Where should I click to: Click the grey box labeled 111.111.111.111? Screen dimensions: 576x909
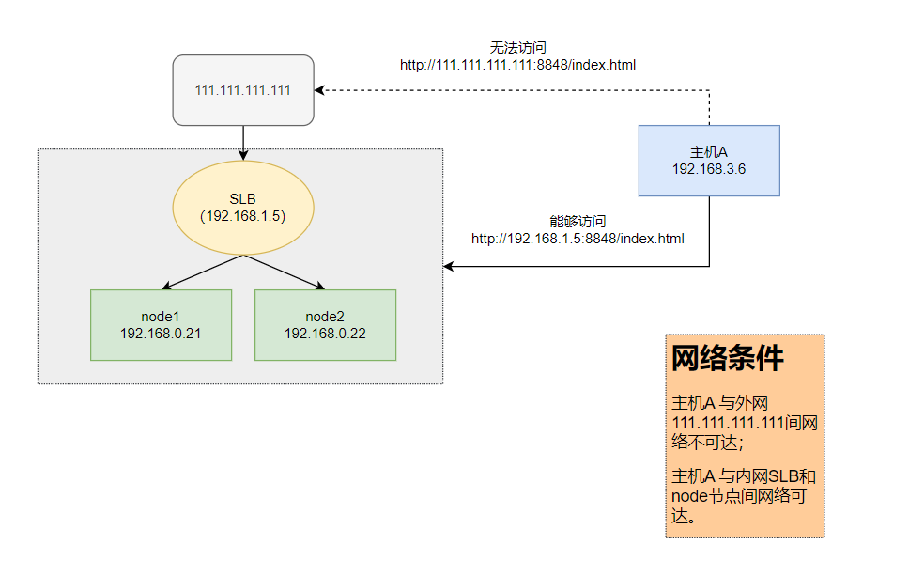[242, 90]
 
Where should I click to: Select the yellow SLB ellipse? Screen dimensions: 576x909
[242, 208]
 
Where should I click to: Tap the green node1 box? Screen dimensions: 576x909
[161, 324]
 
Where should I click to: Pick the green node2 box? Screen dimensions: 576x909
[325, 324]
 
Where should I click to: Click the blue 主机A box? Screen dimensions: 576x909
[708, 160]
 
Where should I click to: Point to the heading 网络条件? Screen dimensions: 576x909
[728, 358]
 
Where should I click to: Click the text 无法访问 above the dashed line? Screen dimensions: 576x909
[518, 47]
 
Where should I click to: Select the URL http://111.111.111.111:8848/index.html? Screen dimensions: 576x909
[518, 65]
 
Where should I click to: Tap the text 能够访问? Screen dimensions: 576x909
[578, 222]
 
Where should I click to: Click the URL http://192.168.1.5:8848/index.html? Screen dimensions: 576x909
[578, 239]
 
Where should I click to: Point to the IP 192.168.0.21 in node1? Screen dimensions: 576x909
[161, 334]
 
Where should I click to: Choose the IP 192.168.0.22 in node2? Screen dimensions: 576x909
[325, 334]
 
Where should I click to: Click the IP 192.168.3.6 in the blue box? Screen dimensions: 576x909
[708, 168]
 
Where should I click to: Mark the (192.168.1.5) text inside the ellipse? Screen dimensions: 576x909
[242, 215]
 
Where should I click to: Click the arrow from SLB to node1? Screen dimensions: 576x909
[202, 272]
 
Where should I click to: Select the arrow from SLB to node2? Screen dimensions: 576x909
[285, 272]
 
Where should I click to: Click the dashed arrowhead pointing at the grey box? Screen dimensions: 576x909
[320, 90]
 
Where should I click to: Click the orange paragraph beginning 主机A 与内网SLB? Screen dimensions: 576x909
[742, 496]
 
